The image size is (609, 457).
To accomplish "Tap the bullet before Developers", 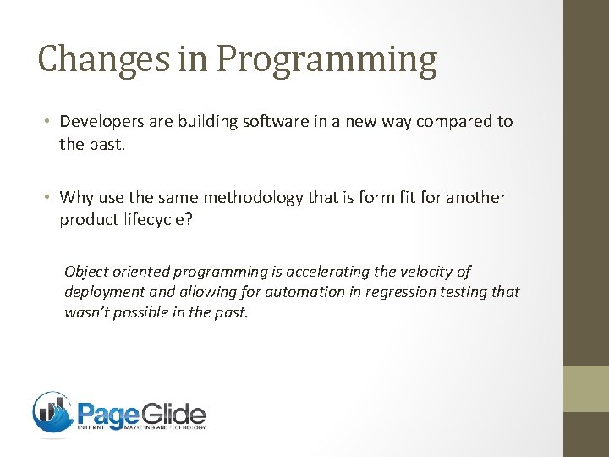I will pos(50,121).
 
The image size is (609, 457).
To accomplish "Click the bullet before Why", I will pos(50,197).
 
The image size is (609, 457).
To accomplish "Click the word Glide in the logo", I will pos(174,415).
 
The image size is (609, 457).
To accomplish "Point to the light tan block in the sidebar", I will pos(586,388).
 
